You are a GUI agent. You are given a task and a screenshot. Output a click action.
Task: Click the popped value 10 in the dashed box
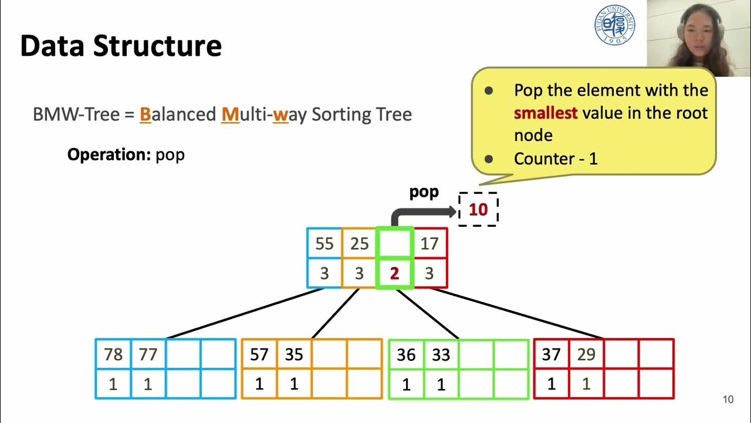pyautogui.click(x=478, y=210)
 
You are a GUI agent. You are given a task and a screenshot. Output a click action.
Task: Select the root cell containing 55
pyautogui.click(x=324, y=243)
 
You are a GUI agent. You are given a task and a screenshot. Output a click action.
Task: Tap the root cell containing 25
pyautogui.click(x=359, y=243)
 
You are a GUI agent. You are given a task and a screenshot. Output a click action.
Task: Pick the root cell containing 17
pyautogui.click(x=429, y=243)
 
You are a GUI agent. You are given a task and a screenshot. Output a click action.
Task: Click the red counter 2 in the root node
pyautogui.click(x=394, y=273)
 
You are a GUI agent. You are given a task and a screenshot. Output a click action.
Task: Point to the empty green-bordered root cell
pyautogui.click(x=394, y=243)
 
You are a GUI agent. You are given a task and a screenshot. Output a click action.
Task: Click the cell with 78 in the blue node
pyautogui.click(x=113, y=354)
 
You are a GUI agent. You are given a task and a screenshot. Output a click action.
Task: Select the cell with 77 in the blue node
pyautogui.click(x=148, y=354)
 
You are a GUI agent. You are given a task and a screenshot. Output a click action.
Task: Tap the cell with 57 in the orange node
pyautogui.click(x=259, y=354)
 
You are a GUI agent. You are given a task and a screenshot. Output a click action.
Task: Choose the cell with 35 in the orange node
pyautogui.click(x=294, y=354)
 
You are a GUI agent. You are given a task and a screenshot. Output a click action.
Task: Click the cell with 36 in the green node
pyautogui.click(x=406, y=355)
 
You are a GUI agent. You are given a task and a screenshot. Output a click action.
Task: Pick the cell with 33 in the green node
pyautogui.click(x=441, y=355)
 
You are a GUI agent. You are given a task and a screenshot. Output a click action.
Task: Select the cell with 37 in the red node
pyautogui.click(x=551, y=354)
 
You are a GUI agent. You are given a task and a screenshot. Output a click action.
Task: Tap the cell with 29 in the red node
pyautogui.click(x=586, y=354)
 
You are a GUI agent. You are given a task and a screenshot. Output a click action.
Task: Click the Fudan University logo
pyautogui.click(x=614, y=25)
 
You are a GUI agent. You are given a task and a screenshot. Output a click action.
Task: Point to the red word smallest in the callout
pyautogui.click(x=546, y=113)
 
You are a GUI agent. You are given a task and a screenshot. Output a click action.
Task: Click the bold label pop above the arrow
pyautogui.click(x=424, y=193)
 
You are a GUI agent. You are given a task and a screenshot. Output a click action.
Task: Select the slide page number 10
pyautogui.click(x=728, y=400)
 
